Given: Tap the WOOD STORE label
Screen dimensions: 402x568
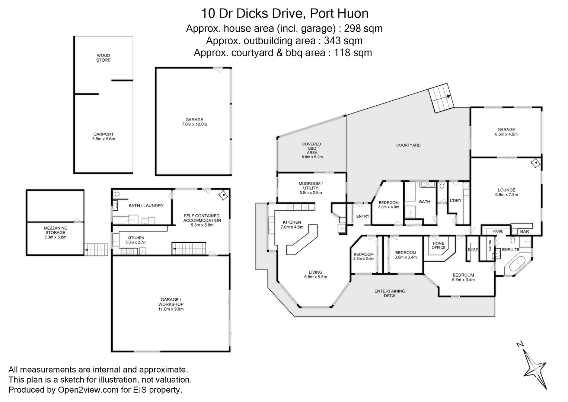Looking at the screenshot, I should click(103, 58).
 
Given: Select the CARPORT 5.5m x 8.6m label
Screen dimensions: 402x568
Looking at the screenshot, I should click(103, 137).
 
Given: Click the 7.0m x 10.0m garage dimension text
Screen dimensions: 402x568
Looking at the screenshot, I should click(194, 124).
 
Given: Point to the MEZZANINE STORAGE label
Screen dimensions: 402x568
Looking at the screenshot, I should click(55, 232).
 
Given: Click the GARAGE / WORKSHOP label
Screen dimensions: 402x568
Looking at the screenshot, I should click(170, 304).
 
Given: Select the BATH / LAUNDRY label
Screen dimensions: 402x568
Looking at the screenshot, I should click(146, 205).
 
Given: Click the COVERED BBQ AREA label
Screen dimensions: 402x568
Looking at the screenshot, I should click(312, 150).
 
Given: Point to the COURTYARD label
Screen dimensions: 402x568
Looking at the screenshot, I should click(408, 145).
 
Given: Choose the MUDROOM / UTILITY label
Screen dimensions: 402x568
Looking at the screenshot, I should click(310, 188).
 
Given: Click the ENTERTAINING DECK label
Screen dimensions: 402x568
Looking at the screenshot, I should click(390, 293).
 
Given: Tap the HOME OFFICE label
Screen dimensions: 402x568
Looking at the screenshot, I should click(438, 245).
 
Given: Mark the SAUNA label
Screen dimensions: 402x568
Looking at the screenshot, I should click(490, 245).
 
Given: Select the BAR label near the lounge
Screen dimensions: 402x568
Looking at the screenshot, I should click(524, 232).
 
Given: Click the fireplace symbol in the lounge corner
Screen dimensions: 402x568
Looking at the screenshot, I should click(536, 163).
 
